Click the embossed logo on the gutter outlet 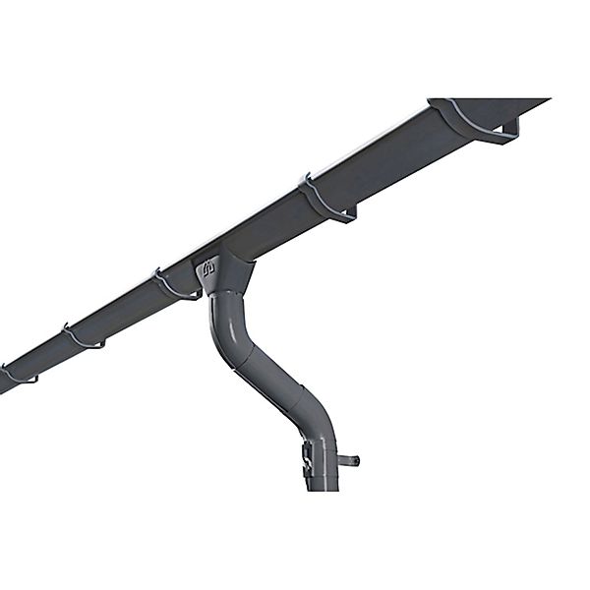click(208, 267)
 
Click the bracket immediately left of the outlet click(175, 286)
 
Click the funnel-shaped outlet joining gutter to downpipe click(222, 274)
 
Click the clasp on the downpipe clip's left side click(307, 457)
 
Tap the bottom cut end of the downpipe click(322, 488)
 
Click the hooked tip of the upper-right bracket click(515, 126)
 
